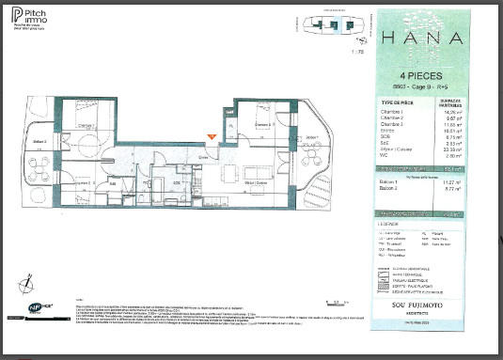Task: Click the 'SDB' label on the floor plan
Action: click(176, 182)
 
